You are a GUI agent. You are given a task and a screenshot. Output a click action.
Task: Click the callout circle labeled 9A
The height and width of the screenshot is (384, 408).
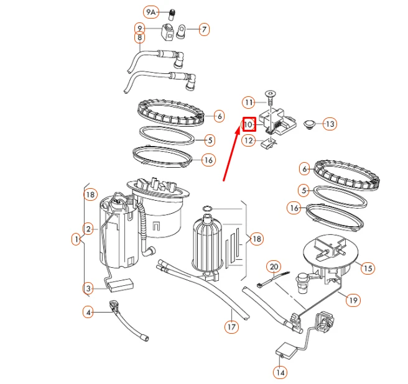point(151,12)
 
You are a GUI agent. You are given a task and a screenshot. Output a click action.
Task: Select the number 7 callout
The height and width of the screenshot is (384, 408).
point(204,29)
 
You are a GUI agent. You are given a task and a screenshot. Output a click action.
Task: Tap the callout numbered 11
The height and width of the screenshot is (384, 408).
point(249,102)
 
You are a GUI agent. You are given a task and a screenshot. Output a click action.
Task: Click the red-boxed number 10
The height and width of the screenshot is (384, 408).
point(249,124)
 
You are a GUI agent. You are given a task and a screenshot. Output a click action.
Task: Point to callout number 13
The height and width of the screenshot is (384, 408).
point(329,124)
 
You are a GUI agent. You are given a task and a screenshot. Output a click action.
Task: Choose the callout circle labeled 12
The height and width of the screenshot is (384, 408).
point(249,141)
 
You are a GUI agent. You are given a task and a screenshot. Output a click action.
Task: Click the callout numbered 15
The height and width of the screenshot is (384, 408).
point(368,268)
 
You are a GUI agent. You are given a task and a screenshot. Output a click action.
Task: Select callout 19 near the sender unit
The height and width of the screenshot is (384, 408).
point(353,300)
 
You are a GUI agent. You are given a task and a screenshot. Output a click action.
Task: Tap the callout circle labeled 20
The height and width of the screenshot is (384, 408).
point(274,267)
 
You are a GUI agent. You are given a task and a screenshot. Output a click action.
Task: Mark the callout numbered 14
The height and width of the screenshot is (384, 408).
point(280,372)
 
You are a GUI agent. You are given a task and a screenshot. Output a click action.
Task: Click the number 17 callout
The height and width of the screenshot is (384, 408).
point(231,326)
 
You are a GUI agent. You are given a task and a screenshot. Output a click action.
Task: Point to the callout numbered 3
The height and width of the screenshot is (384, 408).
point(89,288)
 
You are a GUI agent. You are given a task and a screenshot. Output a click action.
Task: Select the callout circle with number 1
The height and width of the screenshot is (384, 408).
point(76,239)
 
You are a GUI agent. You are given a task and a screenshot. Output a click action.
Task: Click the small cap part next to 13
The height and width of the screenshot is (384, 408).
point(308,124)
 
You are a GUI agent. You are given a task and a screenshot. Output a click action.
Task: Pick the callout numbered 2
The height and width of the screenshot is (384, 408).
point(89,229)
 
